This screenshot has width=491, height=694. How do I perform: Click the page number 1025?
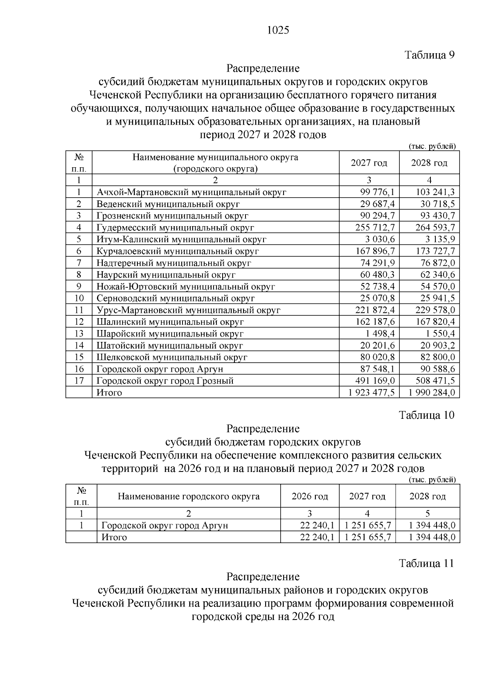point(278,30)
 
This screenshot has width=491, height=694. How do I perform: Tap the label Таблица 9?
point(430,55)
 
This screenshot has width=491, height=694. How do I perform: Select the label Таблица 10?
point(427,415)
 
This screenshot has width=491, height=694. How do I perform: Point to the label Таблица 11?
point(427,563)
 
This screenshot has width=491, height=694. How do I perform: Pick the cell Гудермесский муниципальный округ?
point(176,227)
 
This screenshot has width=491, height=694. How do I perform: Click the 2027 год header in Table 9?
point(369,163)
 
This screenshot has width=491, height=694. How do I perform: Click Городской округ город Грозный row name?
point(165,381)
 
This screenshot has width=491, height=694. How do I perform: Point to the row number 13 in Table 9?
point(79,334)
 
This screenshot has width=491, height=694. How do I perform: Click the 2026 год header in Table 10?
point(310,496)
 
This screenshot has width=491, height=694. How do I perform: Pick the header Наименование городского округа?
point(189,496)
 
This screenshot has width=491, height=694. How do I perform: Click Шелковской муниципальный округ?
point(172,357)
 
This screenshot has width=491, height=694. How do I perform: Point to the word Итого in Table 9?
point(109,393)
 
